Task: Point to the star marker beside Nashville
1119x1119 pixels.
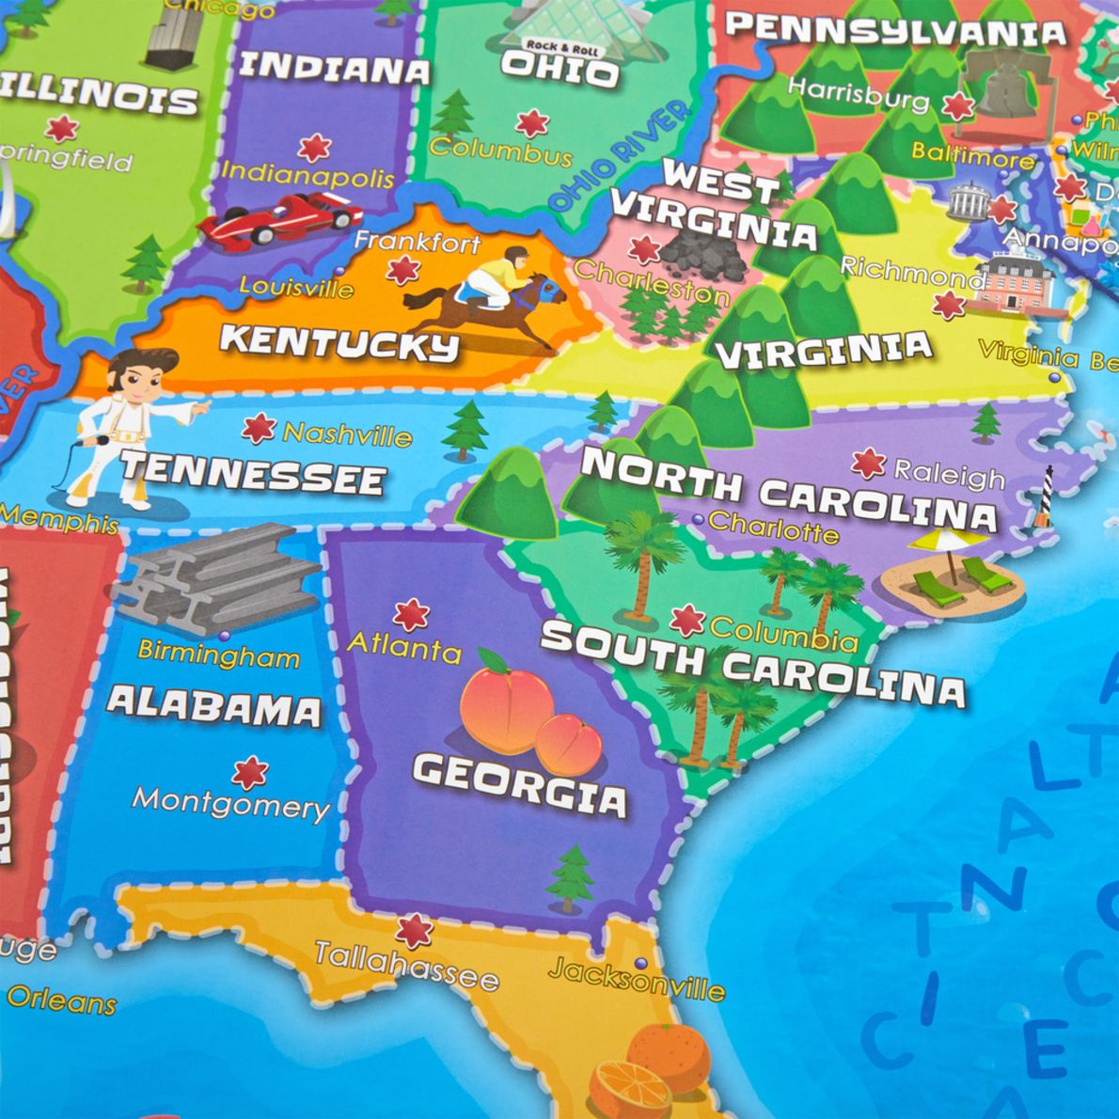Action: tap(258, 429)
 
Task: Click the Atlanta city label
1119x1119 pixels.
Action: tap(404, 647)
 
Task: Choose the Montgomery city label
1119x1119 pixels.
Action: tap(231, 804)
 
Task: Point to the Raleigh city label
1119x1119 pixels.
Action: tap(949, 475)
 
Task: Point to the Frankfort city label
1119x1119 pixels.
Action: tap(418, 242)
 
